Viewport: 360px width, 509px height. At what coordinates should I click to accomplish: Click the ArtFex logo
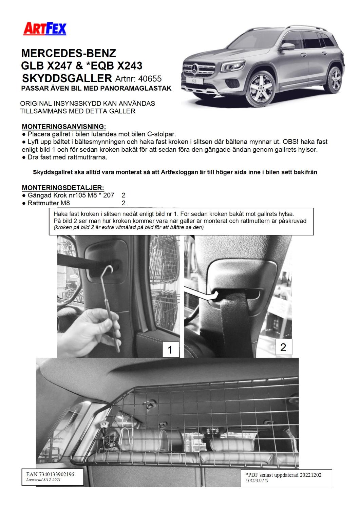point(44,29)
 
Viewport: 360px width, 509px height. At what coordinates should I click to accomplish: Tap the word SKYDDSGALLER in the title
point(67,78)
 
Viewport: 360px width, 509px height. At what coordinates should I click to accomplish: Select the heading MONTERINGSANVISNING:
point(64,127)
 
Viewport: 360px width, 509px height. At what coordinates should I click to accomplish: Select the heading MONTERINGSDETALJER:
point(63,188)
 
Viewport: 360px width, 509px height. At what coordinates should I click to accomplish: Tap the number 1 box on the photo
point(170,349)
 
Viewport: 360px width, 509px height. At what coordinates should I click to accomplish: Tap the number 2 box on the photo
point(283,347)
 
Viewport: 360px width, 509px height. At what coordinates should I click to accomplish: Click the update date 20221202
point(309,475)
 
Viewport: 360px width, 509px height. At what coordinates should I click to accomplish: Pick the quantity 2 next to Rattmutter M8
point(124,203)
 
